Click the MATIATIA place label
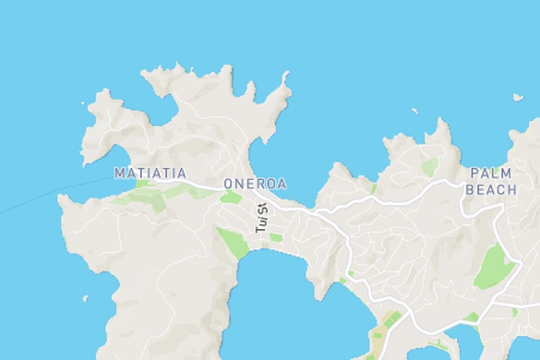(x=150, y=173)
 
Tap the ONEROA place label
(x=254, y=183)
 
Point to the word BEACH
(x=490, y=191)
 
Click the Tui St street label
(x=261, y=218)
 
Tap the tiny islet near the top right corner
(x=517, y=97)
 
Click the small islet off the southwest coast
(x=85, y=297)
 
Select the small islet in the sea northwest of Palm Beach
(x=414, y=111)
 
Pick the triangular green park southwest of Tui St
(x=232, y=243)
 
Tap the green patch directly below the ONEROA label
(x=231, y=197)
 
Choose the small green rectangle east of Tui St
(x=276, y=237)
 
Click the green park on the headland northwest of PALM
(x=431, y=166)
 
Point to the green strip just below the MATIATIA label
(x=152, y=196)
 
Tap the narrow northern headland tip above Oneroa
(x=286, y=81)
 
